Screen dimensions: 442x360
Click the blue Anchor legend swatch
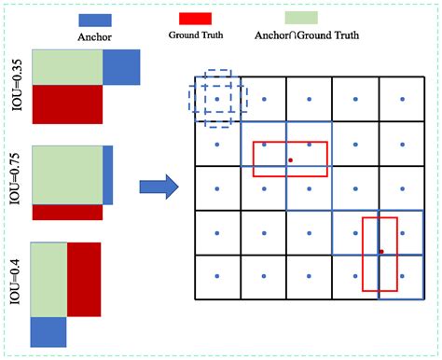tap(96, 19)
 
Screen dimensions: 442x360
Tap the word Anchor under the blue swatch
tap(96, 37)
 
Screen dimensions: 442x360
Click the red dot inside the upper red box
tap(290, 160)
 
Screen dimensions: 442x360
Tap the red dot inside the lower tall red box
tap(381, 251)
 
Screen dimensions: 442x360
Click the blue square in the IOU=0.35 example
tap(121, 67)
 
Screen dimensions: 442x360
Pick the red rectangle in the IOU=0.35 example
tap(66, 104)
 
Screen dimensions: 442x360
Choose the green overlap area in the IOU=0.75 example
tap(68, 174)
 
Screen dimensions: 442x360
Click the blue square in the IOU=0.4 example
tap(48, 332)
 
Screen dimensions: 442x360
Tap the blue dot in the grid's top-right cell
tap(402, 99)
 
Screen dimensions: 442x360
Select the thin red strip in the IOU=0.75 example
tap(67, 212)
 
